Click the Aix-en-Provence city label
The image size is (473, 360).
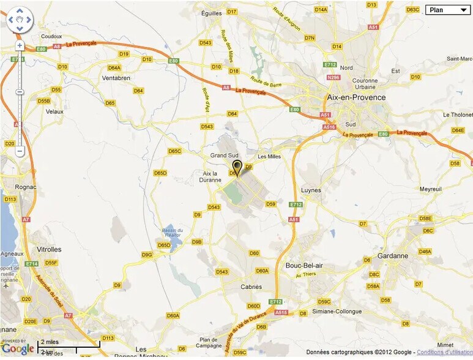pyautogui.click(x=356, y=97)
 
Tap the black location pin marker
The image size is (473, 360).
pyautogui.click(x=237, y=167)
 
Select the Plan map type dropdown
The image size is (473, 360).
pyautogui.click(x=447, y=10)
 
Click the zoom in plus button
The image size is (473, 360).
pyautogui.click(x=20, y=45)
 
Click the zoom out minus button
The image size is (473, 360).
pyautogui.click(x=20, y=151)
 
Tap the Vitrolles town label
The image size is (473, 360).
pyautogui.click(x=49, y=249)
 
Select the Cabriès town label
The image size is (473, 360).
pyautogui.click(x=251, y=287)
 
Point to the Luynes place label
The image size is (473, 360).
pyautogui.click(x=311, y=190)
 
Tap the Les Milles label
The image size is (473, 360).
pyautogui.click(x=269, y=156)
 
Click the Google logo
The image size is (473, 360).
pyautogui.click(x=18, y=349)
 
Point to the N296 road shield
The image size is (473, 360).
pyautogui.click(x=333, y=77)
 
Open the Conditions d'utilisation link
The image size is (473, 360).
pyautogui.click(x=444, y=352)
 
